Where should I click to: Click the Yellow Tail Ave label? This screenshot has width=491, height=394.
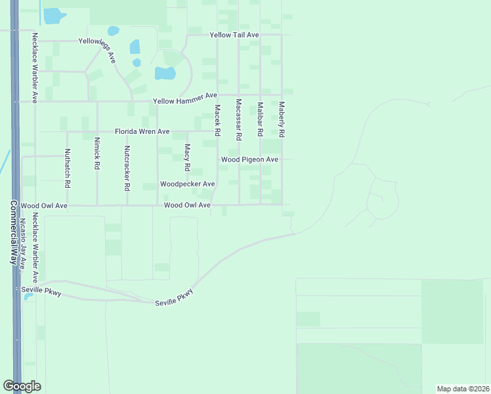coord(234,35)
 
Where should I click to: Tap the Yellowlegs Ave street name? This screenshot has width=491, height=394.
coord(97,49)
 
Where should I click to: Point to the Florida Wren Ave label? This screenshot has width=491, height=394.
coord(142,131)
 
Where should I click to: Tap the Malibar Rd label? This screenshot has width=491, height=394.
coord(261,119)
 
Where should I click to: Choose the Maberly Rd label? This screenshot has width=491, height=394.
coord(282,119)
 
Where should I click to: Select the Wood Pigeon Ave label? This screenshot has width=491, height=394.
coord(249,160)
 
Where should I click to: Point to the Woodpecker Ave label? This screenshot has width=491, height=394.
coord(188,185)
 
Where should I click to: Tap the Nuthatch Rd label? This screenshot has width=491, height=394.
coord(67,167)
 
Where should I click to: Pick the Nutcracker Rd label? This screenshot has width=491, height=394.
coord(127,168)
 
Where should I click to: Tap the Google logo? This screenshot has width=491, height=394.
coord(22,386)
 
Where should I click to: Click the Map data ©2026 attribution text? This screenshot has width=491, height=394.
coord(463,388)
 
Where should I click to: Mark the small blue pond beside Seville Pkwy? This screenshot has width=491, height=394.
coord(28,297)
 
